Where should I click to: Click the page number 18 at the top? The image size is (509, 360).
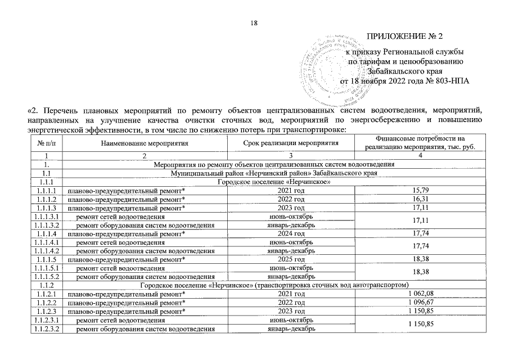coord(254,23)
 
